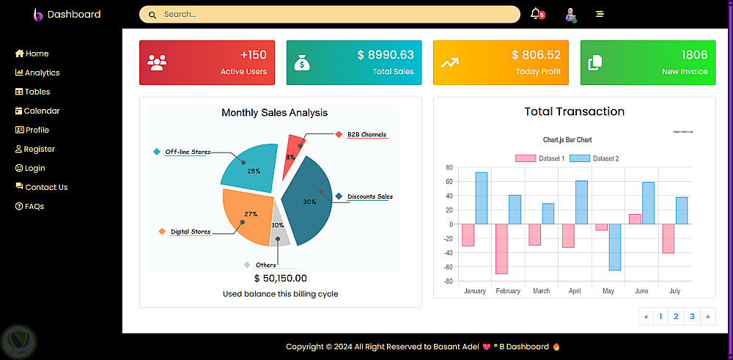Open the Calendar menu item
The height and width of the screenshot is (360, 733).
pyautogui.click(x=41, y=111)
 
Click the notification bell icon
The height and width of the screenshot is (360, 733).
pyautogui.click(x=536, y=14)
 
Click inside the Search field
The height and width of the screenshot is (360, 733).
pyautogui.click(x=330, y=14)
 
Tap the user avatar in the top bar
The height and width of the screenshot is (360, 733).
pyautogui.click(x=570, y=14)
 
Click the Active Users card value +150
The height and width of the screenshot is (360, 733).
pyautogui.click(x=253, y=55)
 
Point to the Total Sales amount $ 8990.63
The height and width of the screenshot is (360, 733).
pyautogui.click(x=386, y=55)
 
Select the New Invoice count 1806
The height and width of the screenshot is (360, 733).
pyautogui.click(x=694, y=55)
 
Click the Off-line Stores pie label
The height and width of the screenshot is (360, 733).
pyautogui.click(x=188, y=152)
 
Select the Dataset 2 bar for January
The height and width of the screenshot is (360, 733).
pyautogui.click(x=481, y=198)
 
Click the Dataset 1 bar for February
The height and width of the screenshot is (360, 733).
pyautogui.click(x=501, y=249)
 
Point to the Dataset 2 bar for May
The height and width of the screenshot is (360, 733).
pyautogui.click(x=614, y=247)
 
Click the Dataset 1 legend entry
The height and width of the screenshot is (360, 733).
pyautogui.click(x=539, y=158)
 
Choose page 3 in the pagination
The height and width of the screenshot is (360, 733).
pyautogui.click(x=692, y=317)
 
